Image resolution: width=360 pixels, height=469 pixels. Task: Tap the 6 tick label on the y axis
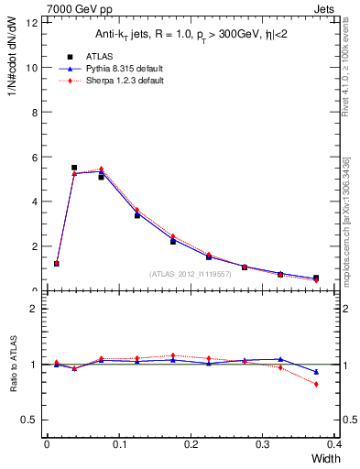(x=34, y=157)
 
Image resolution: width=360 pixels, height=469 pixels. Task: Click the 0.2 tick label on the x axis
(x=191, y=444)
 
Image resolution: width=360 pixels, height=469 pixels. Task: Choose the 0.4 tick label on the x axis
(x=333, y=444)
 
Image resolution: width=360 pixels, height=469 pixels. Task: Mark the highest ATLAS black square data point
(x=74, y=168)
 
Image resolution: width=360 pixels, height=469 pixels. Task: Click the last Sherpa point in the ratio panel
(x=316, y=384)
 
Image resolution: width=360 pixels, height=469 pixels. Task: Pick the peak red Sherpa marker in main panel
(x=101, y=169)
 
